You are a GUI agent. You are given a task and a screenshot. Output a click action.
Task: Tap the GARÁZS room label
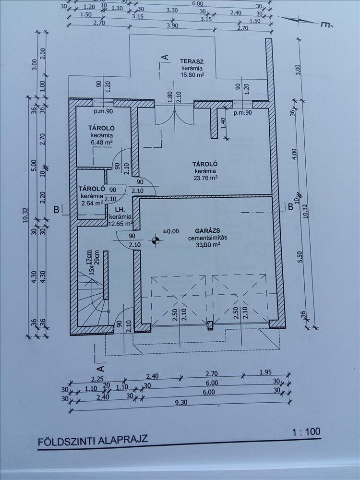[204, 231]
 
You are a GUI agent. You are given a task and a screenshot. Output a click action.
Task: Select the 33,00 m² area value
[208, 244]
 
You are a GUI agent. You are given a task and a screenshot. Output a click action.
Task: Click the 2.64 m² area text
[92, 203]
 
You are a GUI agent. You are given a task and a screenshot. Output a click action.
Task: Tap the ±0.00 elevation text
[171, 231]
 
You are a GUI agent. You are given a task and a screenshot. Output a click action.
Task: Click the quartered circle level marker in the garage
[156, 240]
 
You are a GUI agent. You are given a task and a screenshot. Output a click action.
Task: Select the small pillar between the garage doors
[210, 326]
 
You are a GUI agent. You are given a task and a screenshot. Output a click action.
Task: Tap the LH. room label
[120, 210]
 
